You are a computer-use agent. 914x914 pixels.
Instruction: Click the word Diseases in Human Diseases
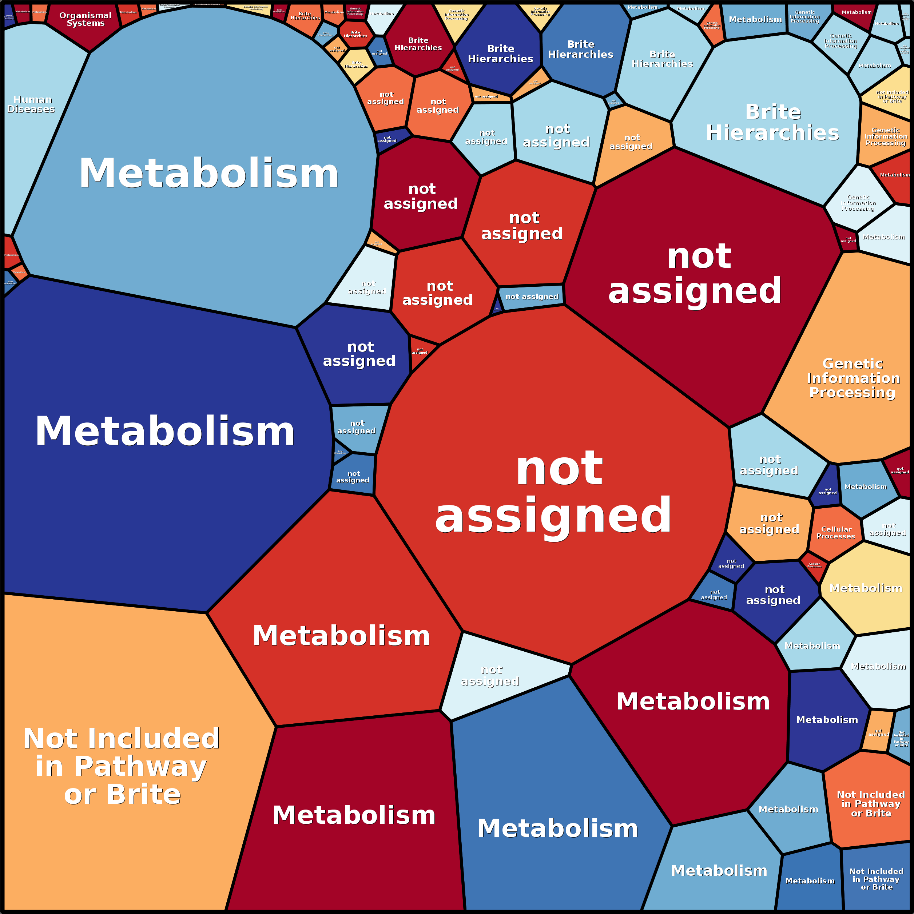(x=31, y=109)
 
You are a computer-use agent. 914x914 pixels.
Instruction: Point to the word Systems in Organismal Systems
(x=86, y=23)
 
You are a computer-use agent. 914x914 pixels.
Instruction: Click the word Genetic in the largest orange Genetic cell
(x=853, y=363)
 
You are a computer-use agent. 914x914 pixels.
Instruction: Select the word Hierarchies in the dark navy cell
(x=501, y=59)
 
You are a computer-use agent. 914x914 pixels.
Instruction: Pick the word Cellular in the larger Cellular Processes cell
(x=836, y=529)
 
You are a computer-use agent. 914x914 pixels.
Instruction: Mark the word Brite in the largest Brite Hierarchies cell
(x=773, y=112)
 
